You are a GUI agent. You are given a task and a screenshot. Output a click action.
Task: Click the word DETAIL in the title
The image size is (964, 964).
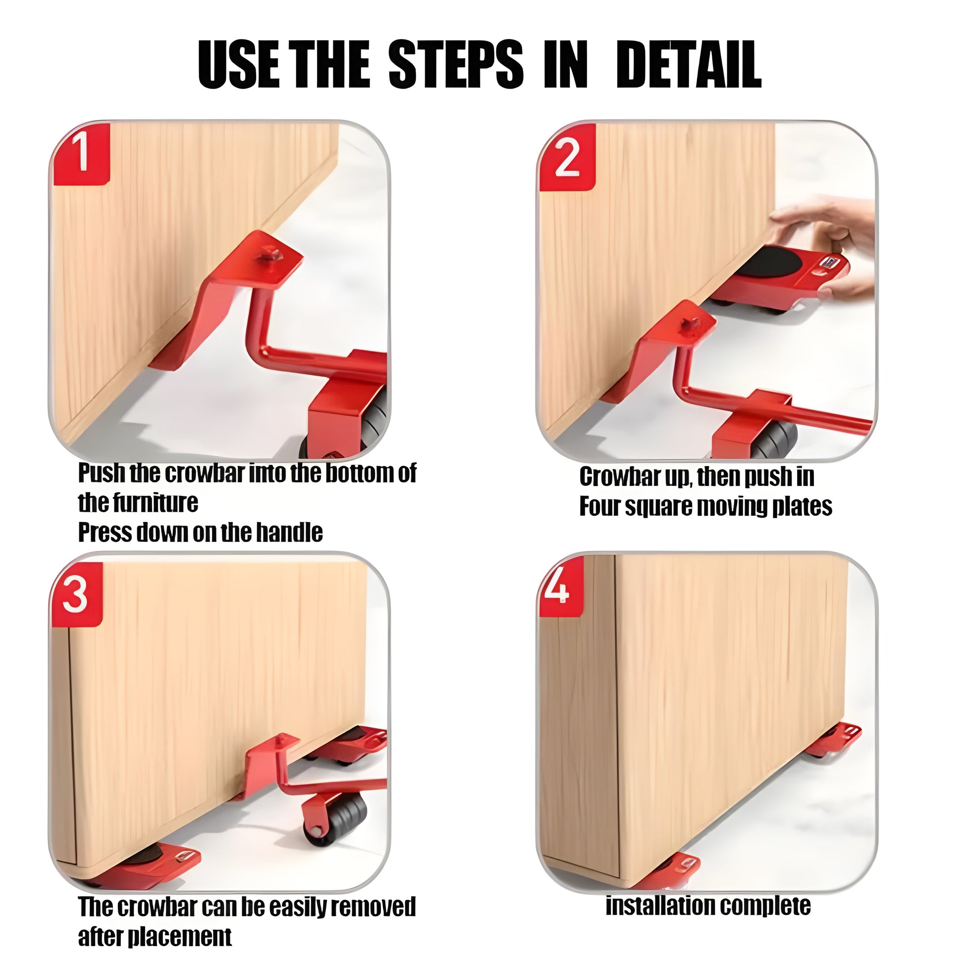coord(689,65)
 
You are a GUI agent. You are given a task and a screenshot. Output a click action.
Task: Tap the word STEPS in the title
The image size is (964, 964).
coord(456,65)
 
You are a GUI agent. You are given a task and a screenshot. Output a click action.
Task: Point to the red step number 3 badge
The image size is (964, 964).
coord(76,595)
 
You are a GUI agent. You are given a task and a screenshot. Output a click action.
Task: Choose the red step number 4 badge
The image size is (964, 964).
coord(561,587)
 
